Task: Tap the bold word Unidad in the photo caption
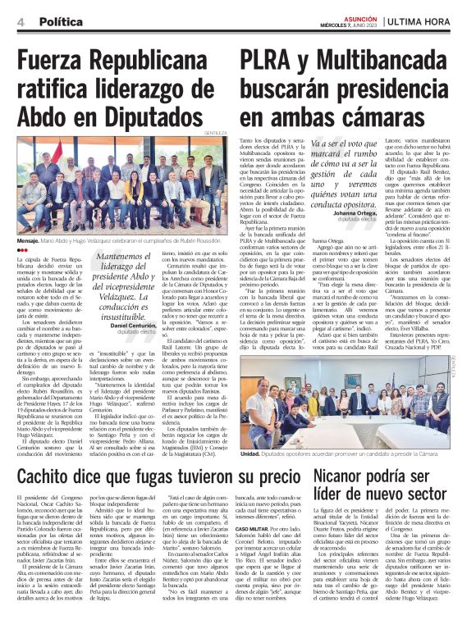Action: pos(251,453)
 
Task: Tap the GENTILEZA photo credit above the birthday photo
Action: pos(215,132)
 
